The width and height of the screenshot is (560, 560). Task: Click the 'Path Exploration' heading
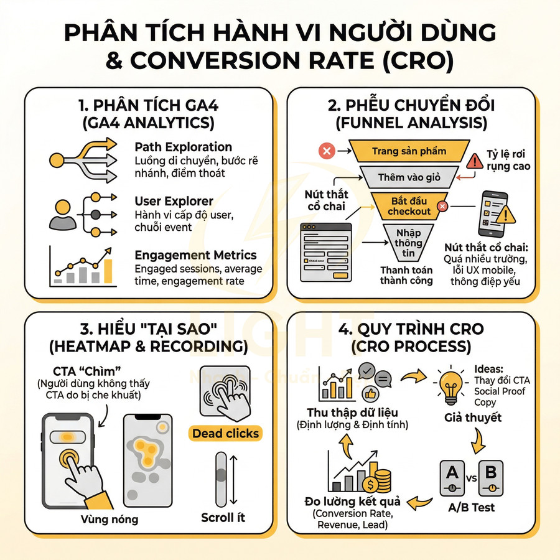183,147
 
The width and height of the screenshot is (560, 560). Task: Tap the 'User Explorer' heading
174,201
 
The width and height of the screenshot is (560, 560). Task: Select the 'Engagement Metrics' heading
195,255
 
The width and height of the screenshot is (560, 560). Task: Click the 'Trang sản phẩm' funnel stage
406,151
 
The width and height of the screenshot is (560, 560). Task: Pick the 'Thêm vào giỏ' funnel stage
409,177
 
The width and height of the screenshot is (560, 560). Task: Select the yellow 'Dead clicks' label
225,433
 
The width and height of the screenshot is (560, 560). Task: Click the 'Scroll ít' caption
223,518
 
